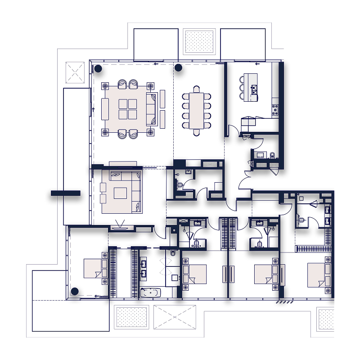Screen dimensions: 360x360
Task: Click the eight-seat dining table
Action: (x=197, y=110)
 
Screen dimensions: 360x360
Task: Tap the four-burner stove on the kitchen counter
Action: (x=274, y=108)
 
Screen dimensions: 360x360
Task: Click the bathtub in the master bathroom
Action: (x=150, y=292)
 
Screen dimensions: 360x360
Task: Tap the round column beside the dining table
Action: (x=178, y=68)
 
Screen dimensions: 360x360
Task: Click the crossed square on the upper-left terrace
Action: (x=75, y=72)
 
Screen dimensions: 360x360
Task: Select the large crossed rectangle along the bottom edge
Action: (x=175, y=318)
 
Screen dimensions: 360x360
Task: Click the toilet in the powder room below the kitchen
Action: (x=272, y=155)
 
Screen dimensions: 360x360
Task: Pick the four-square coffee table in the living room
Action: (x=127, y=108)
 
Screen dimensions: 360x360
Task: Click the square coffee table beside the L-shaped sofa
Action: (x=120, y=193)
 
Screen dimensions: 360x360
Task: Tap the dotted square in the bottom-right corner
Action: (x=325, y=319)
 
